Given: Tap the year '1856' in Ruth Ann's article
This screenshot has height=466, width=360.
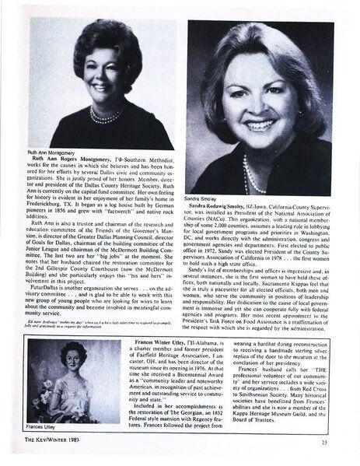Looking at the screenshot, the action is coord(72,238).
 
